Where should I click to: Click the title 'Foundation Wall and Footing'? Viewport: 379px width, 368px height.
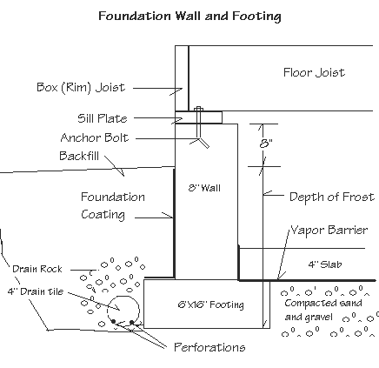coord(189,16)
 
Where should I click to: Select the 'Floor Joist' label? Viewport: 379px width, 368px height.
coord(314,72)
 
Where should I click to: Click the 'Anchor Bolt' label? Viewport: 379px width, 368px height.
coord(95,137)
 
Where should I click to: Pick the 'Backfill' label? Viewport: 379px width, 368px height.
coord(79,156)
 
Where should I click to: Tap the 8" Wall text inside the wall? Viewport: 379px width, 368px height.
coord(204,188)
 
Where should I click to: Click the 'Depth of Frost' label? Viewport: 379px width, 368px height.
coord(332,197)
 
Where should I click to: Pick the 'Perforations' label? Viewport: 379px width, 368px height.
coord(209,347)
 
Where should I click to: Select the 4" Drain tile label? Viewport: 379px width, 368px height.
coord(41,291)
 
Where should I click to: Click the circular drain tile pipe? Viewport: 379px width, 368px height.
coord(123,308)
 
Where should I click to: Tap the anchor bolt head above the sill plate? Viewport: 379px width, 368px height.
coord(198,108)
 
